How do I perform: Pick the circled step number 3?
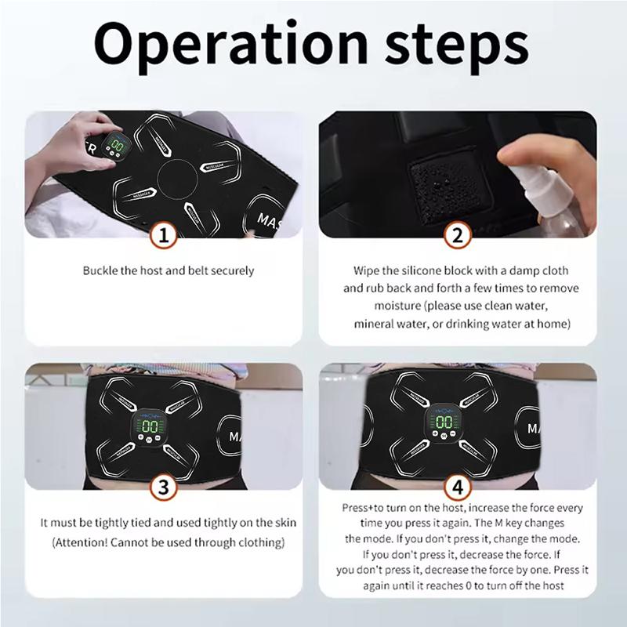(x=163, y=487)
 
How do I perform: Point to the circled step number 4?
(x=458, y=487)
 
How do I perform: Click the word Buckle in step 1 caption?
(x=100, y=271)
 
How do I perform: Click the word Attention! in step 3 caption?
(x=84, y=542)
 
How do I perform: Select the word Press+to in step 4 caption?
(x=365, y=508)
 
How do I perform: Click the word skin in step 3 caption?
(x=285, y=523)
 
